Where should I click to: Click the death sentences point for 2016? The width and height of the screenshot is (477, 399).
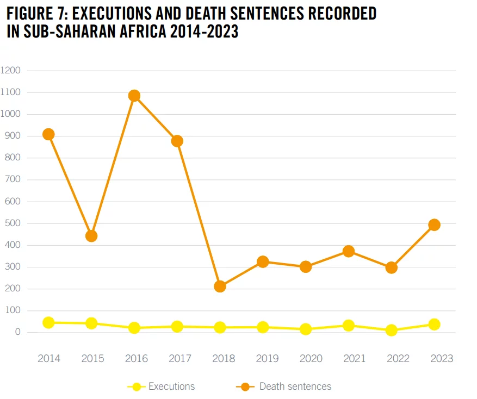[x=134, y=96]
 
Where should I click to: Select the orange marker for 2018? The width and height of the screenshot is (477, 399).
[x=220, y=286]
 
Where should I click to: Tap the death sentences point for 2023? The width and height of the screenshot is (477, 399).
[x=434, y=225]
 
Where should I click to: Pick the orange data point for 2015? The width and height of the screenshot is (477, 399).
[x=91, y=236]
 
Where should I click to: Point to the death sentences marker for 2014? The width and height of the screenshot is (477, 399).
[x=48, y=134]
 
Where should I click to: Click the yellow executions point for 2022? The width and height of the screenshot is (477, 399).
[x=391, y=330]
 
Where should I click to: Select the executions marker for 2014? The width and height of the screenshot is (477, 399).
[x=48, y=322]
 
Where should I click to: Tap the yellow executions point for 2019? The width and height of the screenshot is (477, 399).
[x=263, y=327]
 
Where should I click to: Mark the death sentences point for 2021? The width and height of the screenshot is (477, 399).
[x=349, y=251]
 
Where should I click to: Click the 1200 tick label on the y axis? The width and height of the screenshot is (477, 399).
[x=10, y=71]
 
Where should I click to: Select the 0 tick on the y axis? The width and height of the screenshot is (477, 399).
[x=17, y=332]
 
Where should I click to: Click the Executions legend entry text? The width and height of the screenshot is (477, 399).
[x=171, y=386]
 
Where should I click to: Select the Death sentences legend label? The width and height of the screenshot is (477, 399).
[x=295, y=386]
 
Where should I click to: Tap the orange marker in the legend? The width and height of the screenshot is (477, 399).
[x=246, y=386]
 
